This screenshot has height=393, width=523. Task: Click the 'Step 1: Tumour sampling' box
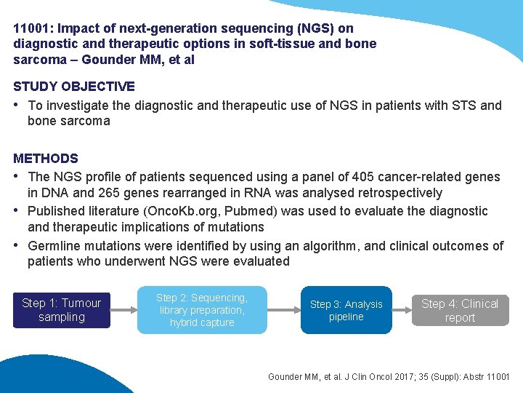pyautogui.click(x=62, y=310)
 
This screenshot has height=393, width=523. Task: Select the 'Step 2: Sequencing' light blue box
pyautogui.click(x=202, y=310)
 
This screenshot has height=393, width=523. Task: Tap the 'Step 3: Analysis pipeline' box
pyautogui.click(x=346, y=310)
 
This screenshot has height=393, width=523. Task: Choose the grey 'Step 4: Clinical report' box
pyautogui.click(x=460, y=310)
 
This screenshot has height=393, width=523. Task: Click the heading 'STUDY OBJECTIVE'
pyautogui.click(x=74, y=87)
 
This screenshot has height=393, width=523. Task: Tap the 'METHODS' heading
pyautogui.click(x=46, y=158)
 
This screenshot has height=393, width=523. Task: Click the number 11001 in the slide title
pyautogui.click(x=31, y=29)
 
